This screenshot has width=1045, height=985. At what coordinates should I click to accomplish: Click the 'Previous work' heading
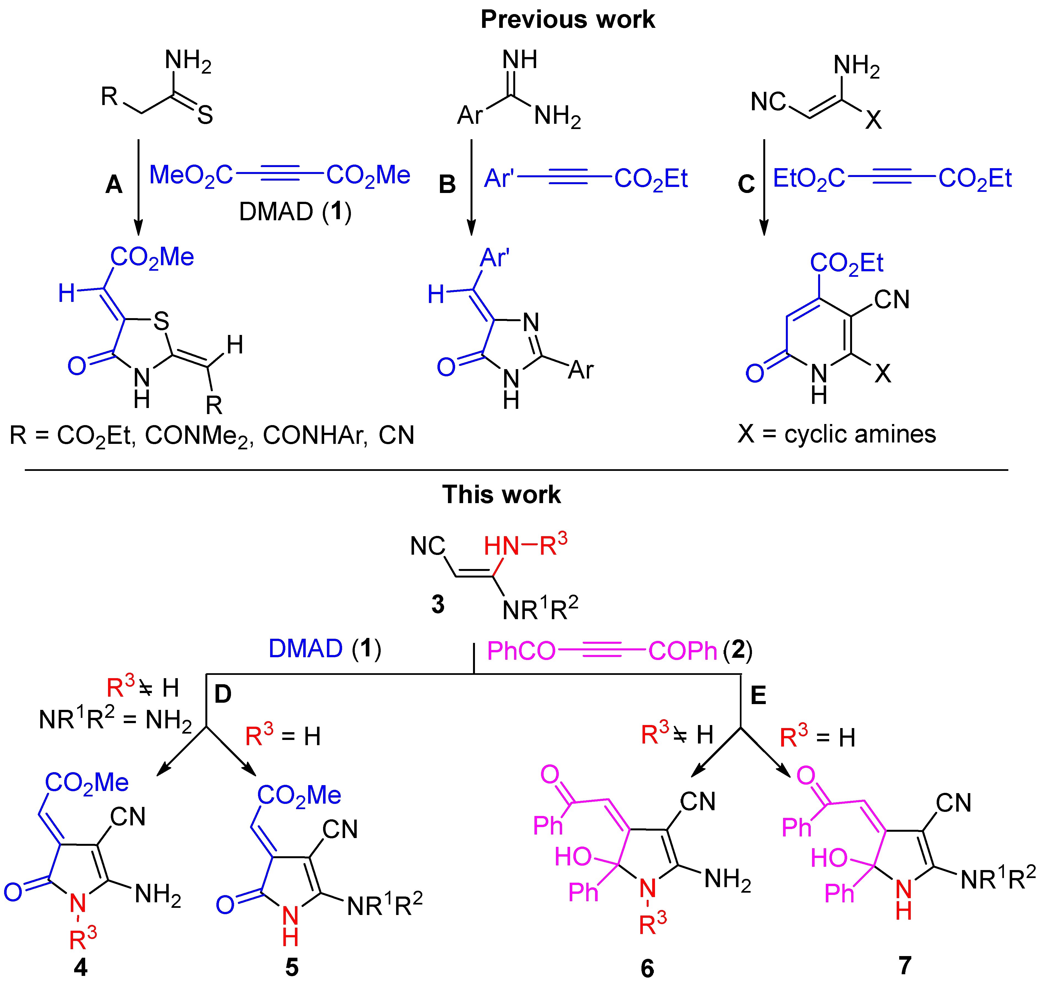pos(567,20)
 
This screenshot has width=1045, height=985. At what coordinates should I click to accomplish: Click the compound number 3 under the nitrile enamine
pos(438,605)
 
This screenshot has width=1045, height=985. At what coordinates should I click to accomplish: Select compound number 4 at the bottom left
pos(80,967)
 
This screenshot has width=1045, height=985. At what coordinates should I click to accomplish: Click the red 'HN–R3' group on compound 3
pos(525,546)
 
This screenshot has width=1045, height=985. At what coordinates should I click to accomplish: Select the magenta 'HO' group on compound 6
pos(573,857)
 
